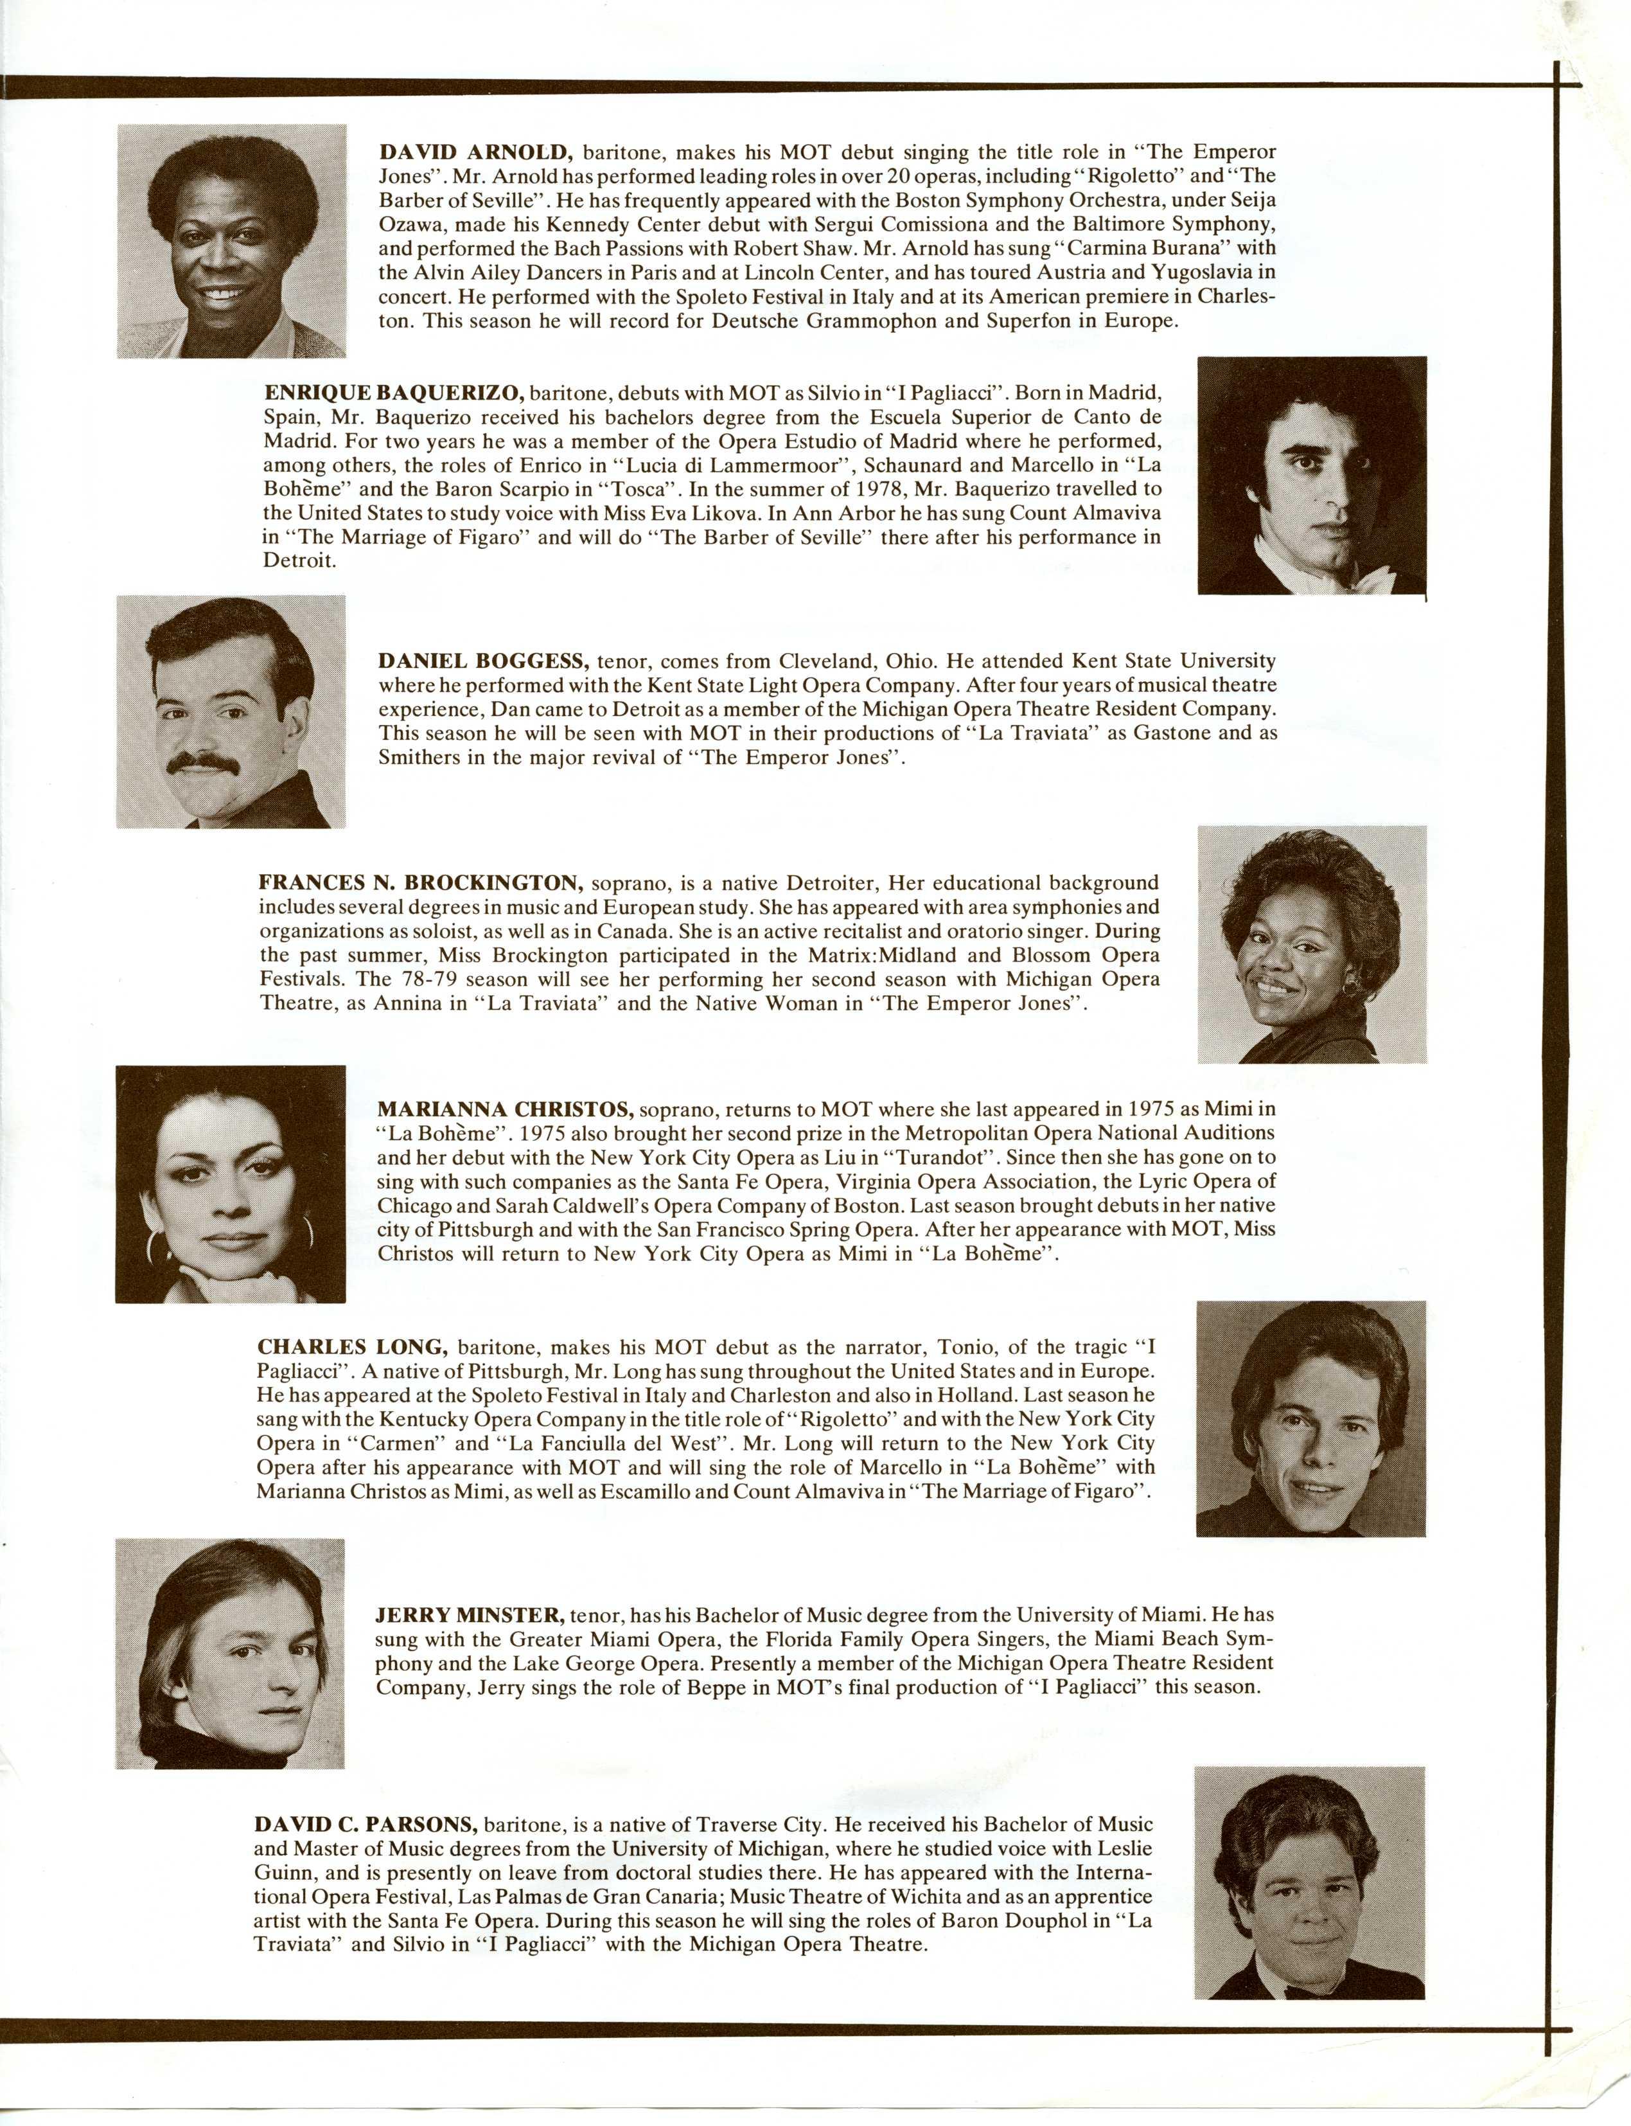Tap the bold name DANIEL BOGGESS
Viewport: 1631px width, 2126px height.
pyautogui.click(x=482, y=661)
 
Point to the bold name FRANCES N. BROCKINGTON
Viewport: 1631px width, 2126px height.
pyautogui.click(x=419, y=883)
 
